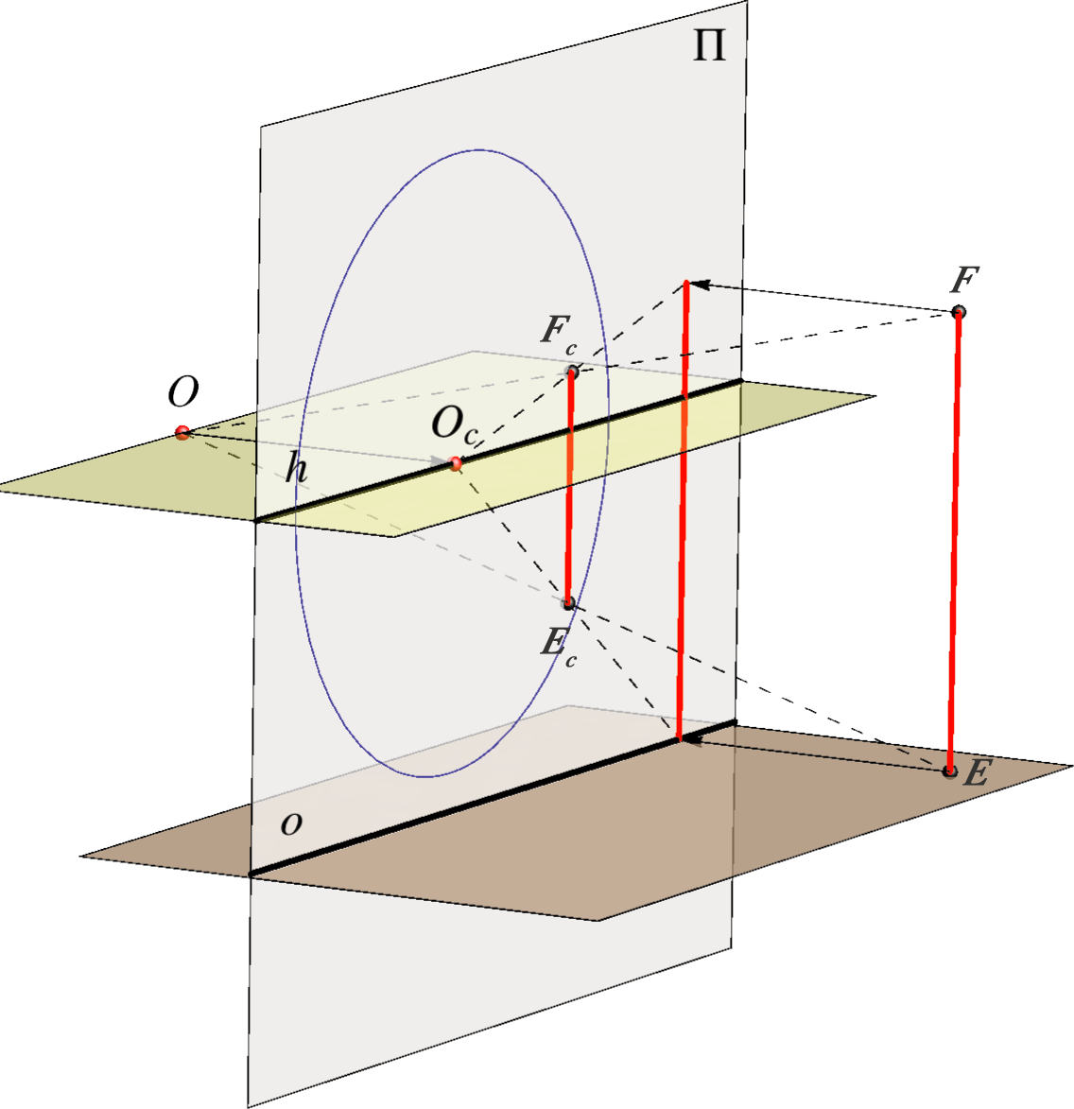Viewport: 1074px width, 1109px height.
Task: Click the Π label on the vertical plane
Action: pos(709,46)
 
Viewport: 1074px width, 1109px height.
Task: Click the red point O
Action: pos(182,432)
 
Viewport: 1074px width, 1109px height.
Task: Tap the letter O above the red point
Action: pos(183,391)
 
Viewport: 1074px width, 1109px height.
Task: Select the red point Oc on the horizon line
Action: pos(456,464)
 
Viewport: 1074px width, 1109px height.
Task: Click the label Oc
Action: pos(455,426)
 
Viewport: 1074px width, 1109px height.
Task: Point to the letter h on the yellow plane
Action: pos(296,467)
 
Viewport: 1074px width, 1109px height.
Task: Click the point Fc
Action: pos(572,372)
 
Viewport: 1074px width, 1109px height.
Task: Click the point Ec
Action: pos(568,603)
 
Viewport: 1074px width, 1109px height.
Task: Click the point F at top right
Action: pos(958,311)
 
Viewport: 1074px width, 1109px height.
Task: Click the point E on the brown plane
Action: pos(949,771)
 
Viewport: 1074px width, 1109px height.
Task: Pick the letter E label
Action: pos(976,773)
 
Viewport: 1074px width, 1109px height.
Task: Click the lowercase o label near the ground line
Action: pos(291,823)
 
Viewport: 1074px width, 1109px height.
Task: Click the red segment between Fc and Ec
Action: pos(570,487)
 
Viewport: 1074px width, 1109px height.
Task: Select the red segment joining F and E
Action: pos(954,541)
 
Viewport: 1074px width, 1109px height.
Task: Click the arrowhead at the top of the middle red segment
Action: pos(697,285)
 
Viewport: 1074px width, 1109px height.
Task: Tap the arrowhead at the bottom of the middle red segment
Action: pos(691,739)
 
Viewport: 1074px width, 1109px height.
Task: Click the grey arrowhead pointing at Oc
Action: pos(440,461)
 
